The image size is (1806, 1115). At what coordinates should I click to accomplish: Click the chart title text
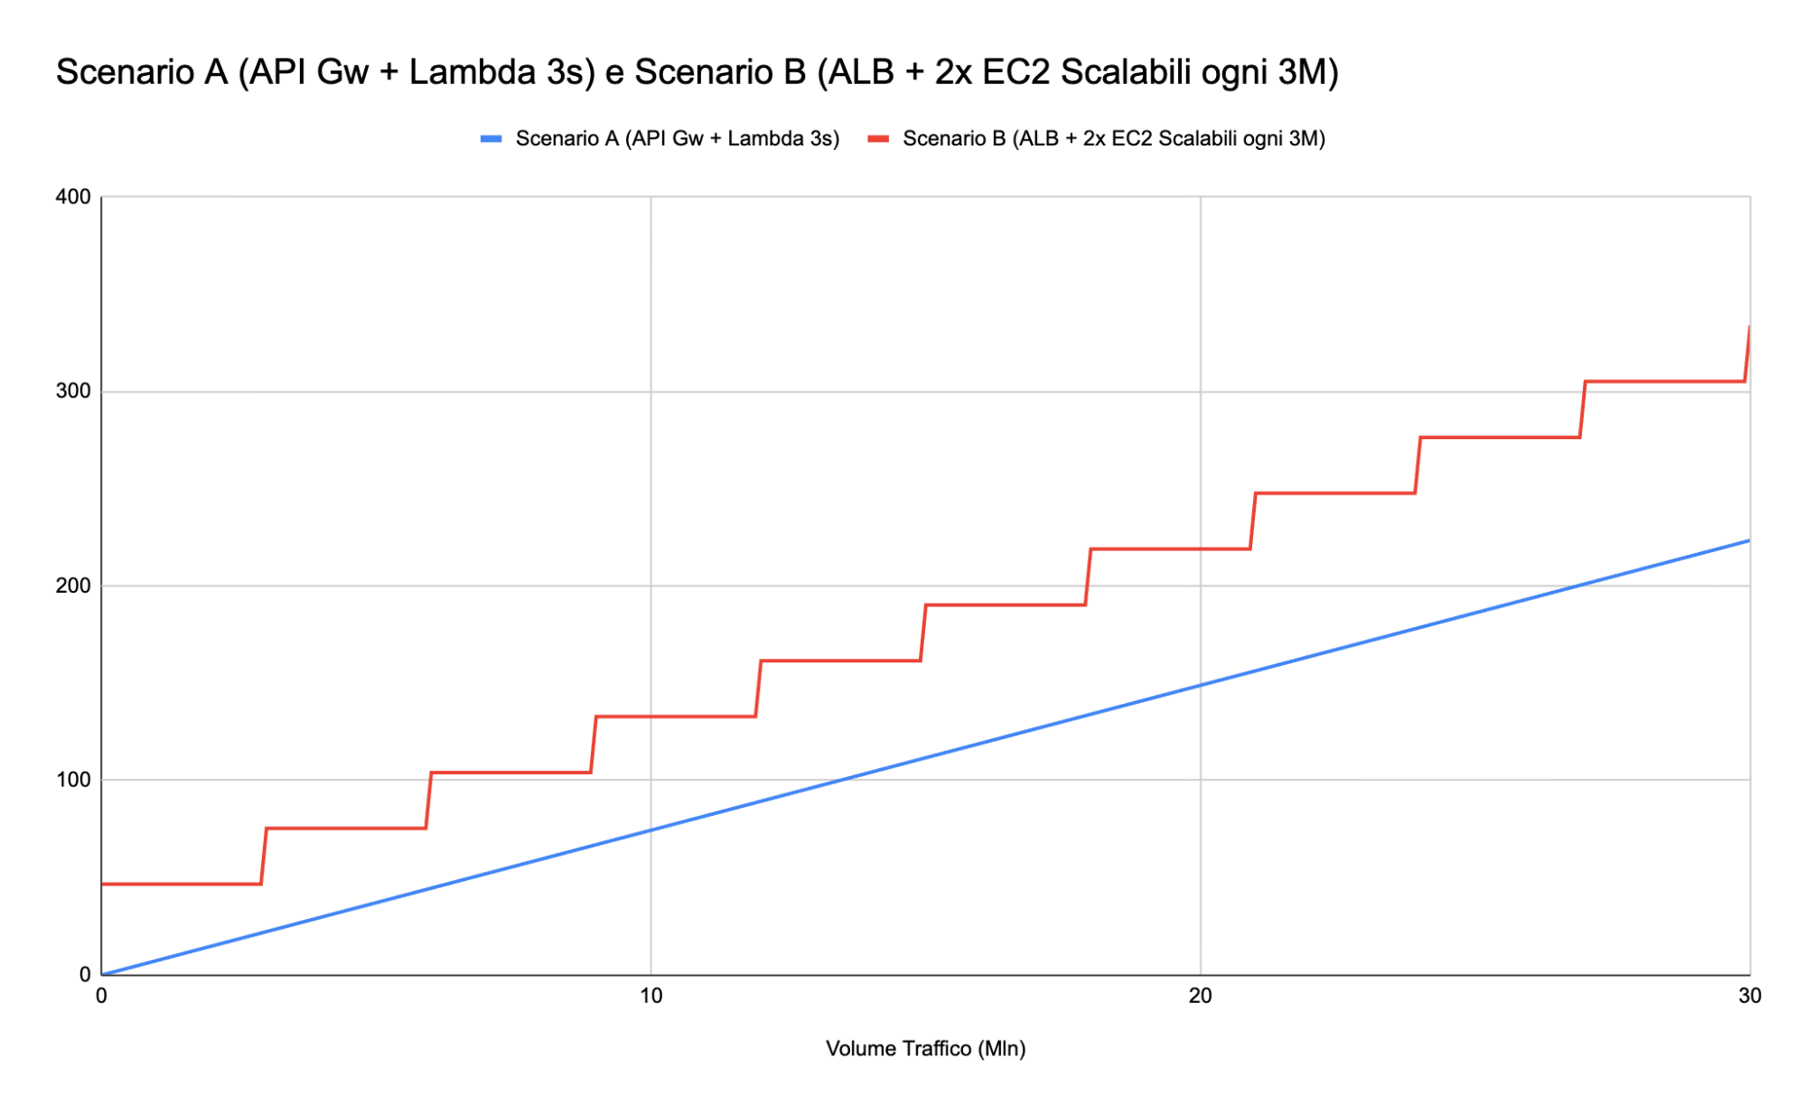point(697,72)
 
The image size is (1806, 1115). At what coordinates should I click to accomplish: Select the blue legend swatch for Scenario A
point(491,139)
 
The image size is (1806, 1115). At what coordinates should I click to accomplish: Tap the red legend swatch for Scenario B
point(878,139)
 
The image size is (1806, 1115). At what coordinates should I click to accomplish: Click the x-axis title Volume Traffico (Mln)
point(925,1048)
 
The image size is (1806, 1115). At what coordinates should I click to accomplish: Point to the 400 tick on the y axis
point(73,197)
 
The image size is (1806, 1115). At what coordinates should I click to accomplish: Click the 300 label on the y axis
point(73,391)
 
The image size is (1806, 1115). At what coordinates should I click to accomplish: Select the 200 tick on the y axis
point(73,586)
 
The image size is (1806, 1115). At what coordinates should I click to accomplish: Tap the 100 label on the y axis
point(73,780)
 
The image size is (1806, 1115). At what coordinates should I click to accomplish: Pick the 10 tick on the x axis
point(650,996)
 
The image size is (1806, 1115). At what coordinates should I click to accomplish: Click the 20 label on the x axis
point(1200,996)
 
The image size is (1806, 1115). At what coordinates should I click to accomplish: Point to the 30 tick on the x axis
point(1749,996)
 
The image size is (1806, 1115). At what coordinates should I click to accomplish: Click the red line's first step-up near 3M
point(264,856)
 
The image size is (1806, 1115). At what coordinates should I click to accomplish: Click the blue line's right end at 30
point(1749,540)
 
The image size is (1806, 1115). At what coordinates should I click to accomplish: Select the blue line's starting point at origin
point(102,974)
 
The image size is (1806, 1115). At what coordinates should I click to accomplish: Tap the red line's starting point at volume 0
point(103,884)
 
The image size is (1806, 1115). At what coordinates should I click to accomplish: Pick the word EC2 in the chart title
point(1015,72)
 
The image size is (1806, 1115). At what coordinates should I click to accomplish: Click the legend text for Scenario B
point(1113,139)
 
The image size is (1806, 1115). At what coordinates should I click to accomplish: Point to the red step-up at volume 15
point(923,632)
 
